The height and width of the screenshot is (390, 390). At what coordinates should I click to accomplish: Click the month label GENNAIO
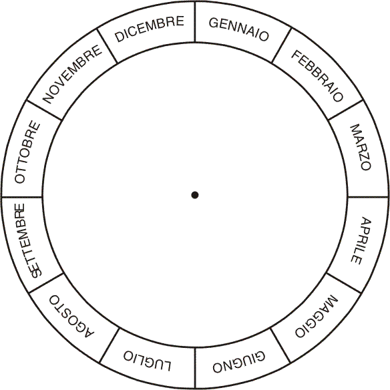click(x=239, y=29)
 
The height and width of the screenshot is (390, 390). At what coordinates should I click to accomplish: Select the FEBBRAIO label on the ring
click(x=317, y=75)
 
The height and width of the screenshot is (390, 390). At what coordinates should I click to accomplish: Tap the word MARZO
click(x=361, y=147)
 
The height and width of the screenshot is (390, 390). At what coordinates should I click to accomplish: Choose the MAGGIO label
click(x=317, y=316)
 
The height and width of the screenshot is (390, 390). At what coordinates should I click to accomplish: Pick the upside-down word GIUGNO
click(x=239, y=362)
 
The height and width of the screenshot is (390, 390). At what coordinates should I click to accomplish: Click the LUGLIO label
click(x=148, y=361)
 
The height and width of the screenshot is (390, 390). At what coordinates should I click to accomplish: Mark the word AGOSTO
click(x=71, y=316)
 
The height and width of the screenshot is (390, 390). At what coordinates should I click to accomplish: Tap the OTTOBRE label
click(x=27, y=152)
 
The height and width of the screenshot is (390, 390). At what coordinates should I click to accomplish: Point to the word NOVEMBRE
click(x=72, y=74)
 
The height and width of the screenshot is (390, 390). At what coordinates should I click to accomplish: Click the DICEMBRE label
click(x=149, y=29)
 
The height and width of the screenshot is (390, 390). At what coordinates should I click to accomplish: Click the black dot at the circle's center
click(x=195, y=195)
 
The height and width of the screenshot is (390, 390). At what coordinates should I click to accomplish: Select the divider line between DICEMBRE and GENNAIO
click(x=195, y=22)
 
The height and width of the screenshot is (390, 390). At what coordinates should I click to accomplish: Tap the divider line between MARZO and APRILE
click(x=368, y=197)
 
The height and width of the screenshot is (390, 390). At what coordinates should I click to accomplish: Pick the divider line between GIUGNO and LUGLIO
click(x=195, y=368)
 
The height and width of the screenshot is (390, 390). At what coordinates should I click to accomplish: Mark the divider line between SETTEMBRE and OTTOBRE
click(x=22, y=198)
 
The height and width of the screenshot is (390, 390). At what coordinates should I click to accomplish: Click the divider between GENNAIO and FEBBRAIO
click(x=282, y=45)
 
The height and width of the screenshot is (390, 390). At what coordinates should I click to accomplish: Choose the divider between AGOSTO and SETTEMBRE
click(x=46, y=282)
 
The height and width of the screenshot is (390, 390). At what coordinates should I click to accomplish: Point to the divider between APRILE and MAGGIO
click(x=344, y=282)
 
